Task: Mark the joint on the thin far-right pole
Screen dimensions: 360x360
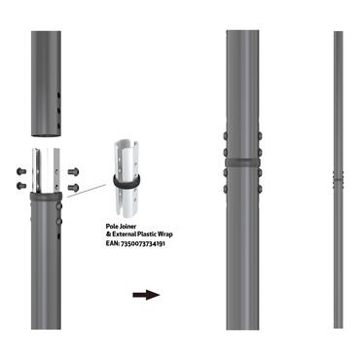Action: [x=338, y=178]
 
